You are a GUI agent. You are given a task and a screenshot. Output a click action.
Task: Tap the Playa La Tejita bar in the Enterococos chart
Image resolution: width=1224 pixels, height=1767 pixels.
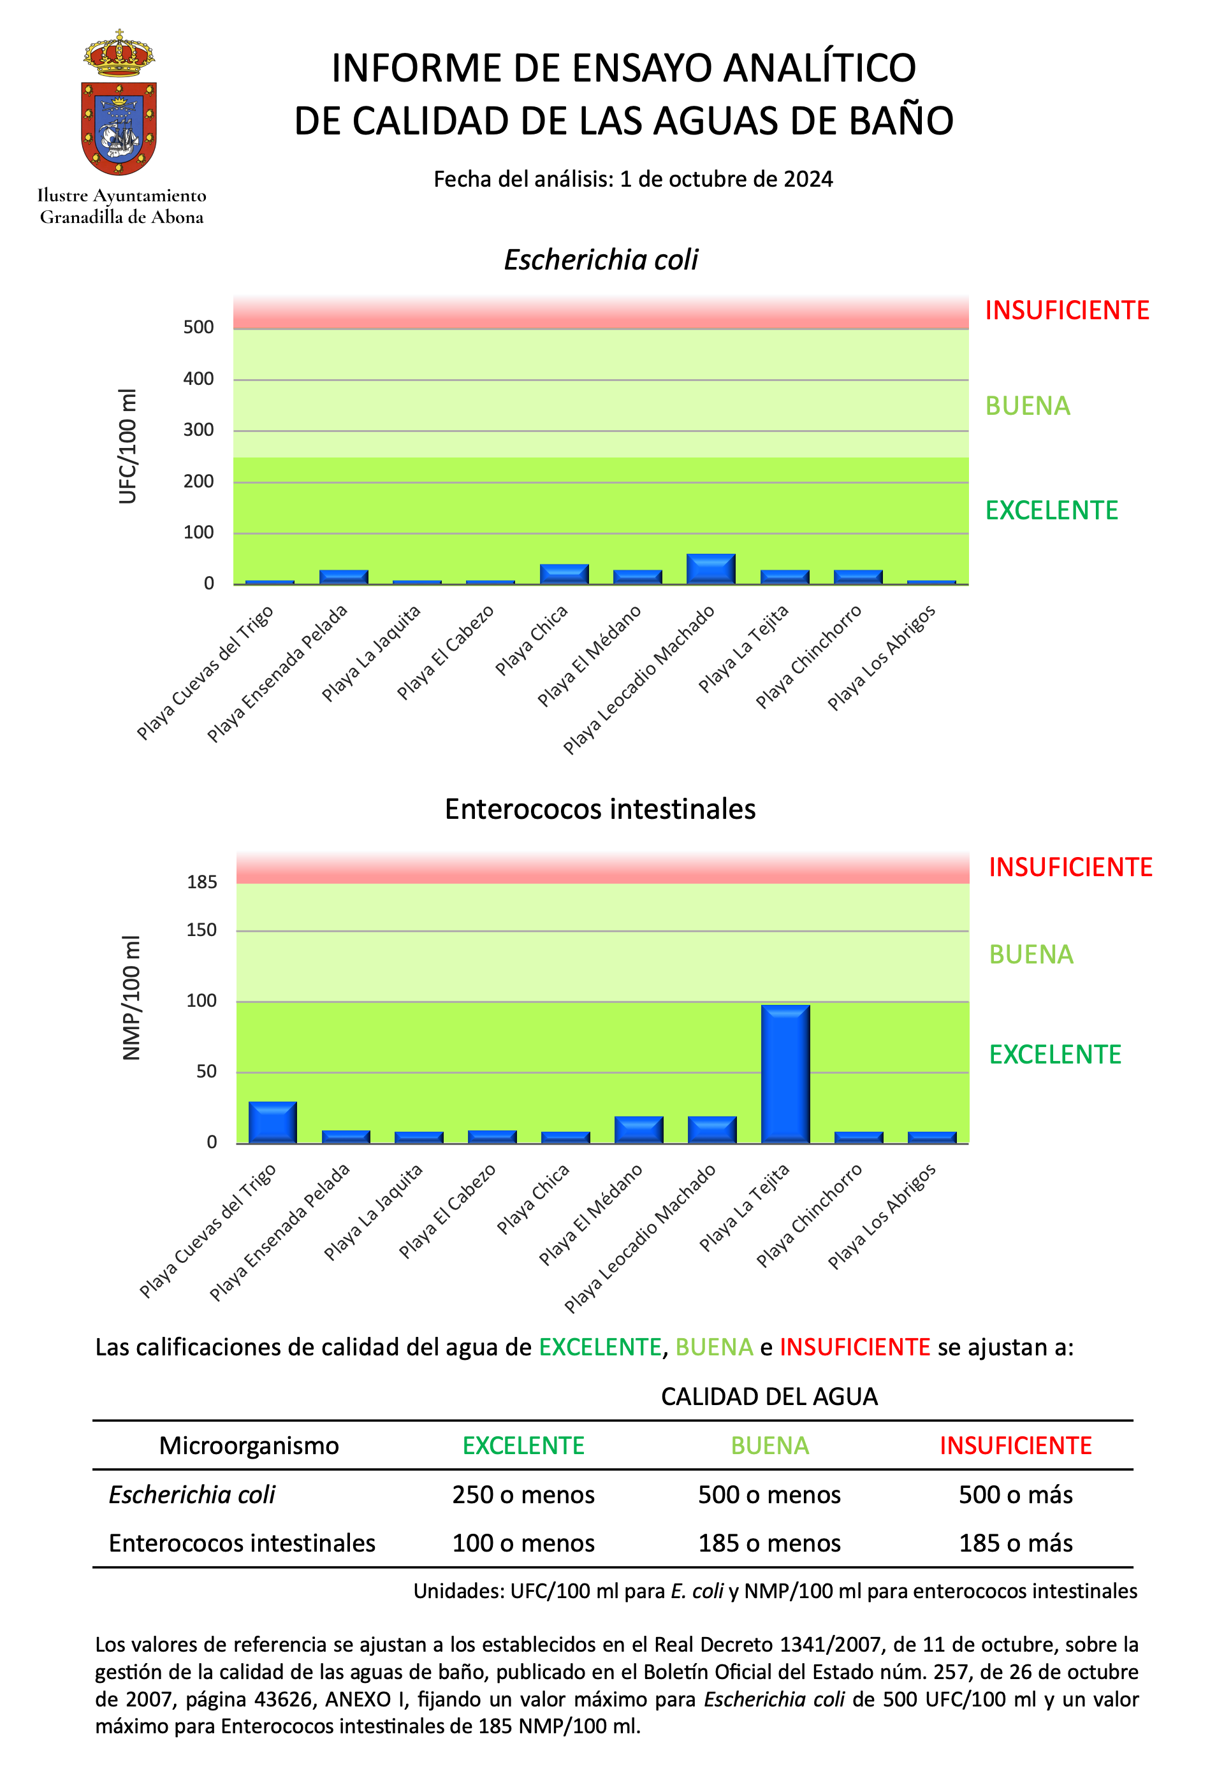click(x=785, y=1073)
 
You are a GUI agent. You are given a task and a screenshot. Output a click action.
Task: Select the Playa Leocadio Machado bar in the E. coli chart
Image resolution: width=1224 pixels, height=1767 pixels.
click(x=711, y=569)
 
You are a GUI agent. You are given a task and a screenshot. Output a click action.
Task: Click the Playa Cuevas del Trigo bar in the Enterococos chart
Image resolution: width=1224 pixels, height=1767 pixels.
click(x=272, y=1122)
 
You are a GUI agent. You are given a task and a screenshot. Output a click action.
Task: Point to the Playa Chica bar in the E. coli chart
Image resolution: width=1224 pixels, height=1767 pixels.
click(x=564, y=574)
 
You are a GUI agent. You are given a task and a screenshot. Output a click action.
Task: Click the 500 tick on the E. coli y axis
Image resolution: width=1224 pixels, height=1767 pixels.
click(x=199, y=328)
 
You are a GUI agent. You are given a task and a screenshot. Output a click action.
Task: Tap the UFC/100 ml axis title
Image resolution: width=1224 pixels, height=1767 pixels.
click(x=127, y=446)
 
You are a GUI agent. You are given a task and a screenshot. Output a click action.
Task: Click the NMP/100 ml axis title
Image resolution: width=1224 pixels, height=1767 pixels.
click(x=131, y=998)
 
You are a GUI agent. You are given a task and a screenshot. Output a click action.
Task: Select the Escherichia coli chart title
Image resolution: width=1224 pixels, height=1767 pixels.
click(x=601, y=260)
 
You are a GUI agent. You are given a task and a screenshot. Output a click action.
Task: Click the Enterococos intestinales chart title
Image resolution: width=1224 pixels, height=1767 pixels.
click(x=601, y=809)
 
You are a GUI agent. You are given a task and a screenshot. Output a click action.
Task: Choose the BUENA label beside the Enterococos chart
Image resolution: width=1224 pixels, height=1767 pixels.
click(x=1031, y=955)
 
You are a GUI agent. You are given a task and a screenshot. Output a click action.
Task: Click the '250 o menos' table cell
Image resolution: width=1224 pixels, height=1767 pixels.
click(x=524, y=1494)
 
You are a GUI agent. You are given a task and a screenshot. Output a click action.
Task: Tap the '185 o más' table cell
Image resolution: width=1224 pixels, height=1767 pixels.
click(x=1016, y=1543)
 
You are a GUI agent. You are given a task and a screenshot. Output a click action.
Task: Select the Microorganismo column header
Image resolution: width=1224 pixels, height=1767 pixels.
click(x=249, y=1446)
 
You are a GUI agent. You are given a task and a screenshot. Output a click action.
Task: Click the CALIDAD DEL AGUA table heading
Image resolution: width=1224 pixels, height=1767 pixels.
click(x=769, y=1397)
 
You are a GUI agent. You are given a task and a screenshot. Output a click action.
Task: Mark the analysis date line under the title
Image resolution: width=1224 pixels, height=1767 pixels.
click(x=634, y=180)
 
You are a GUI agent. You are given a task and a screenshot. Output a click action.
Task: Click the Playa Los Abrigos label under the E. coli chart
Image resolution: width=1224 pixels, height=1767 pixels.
click(x=881, y=658)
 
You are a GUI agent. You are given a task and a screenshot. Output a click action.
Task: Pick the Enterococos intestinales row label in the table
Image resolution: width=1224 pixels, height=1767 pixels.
click(x=242, y=1543)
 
